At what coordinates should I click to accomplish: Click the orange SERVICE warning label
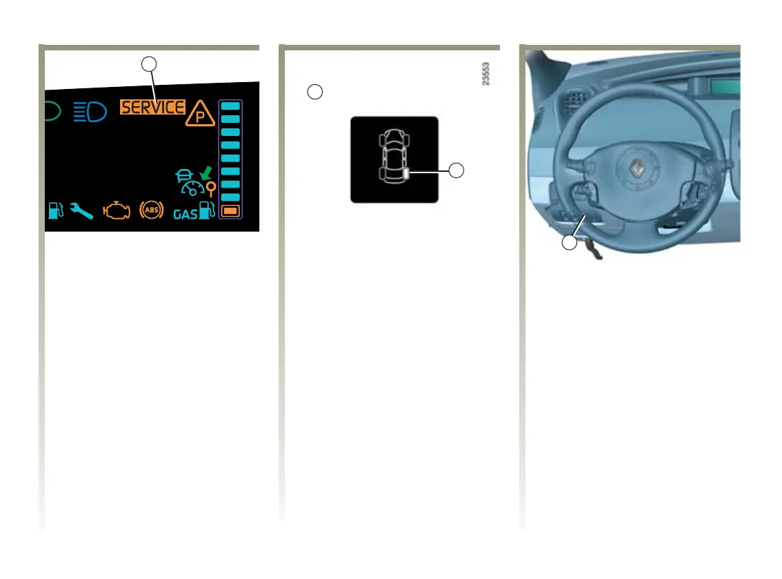(152, 107)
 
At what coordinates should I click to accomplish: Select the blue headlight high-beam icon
(90, 110)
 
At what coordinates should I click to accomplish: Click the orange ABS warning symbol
(151, 210)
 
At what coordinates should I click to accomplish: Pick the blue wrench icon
(81, 211)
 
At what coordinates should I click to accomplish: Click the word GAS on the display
(185, 214)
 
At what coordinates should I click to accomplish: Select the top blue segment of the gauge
(230, 106)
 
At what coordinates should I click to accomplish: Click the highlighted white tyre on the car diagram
(408, 173)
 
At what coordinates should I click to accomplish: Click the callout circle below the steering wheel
(568, 243)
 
